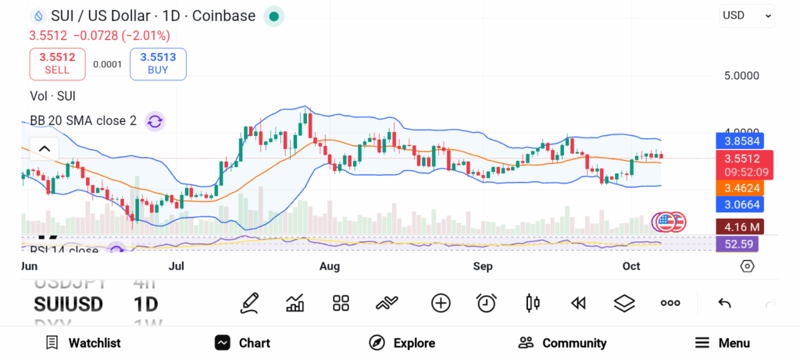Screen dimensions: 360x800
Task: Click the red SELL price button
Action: coord(57,63)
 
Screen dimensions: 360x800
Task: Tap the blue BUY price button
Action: coord(158,63)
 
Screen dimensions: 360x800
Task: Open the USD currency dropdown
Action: coord(746,15)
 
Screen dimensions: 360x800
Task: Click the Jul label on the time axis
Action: coord(177,266)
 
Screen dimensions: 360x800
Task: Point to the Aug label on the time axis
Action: coord(330,266)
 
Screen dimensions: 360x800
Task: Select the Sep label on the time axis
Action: coord(483,266)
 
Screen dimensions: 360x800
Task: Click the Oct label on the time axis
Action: coord(631,266)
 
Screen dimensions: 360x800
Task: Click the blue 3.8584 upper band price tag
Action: coord(738,141)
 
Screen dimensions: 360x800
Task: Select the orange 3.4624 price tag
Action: coord(738,187)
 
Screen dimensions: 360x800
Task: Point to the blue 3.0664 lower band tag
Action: coord(738,204)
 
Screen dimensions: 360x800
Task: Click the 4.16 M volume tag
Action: coord(738,227)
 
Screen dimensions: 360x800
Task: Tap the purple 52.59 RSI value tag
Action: coord(738,244)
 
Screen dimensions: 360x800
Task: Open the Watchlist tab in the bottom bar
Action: coord(83,343)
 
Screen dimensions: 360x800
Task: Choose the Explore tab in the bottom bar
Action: coord(402,343)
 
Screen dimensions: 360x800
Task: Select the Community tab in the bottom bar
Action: coord(562,343)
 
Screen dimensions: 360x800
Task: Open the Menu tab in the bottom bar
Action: coord(723,343)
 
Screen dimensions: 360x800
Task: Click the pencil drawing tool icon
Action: coord(249,303)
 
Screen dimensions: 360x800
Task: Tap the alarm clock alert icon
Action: coord(487,303)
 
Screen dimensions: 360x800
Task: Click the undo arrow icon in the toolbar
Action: coord(724,303)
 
